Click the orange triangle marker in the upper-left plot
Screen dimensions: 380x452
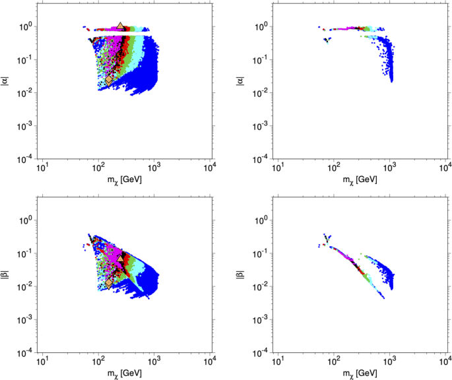(x=120, y=26)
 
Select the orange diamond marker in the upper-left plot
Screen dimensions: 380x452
(x=109, y=80)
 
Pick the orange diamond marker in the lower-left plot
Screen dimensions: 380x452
(x=109, y=283)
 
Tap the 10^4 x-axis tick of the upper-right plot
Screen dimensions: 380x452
(x=445, y=168)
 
